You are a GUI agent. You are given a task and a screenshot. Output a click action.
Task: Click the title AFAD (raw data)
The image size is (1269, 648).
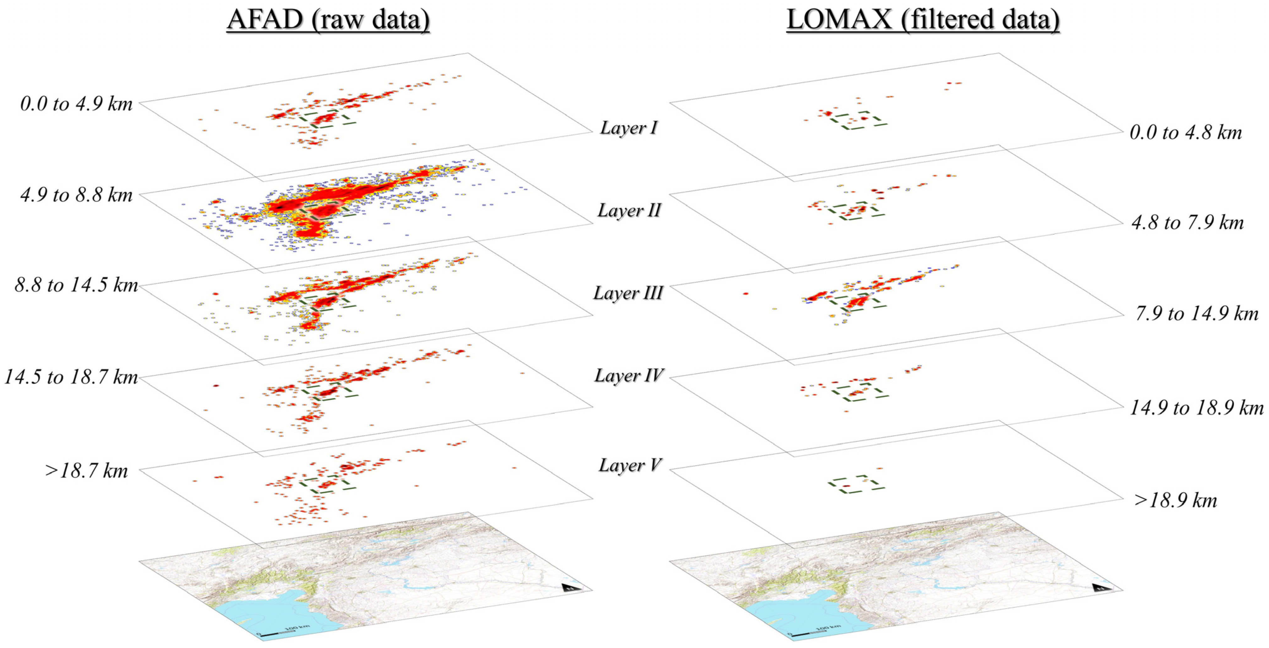click(328, 21)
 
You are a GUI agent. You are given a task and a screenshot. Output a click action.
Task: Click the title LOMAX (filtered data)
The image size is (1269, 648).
click(923, 21)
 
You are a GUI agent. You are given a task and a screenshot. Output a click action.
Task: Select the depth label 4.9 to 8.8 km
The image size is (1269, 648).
click(76, 195)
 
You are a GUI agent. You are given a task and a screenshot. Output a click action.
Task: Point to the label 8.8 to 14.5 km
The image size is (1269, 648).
click(76, 285)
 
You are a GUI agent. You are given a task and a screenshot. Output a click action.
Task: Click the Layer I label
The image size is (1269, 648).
click(629, 128)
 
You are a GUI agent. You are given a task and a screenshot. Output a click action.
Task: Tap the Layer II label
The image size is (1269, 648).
click(629, 211)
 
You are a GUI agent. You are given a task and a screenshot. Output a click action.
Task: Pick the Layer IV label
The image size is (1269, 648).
click(629, 376)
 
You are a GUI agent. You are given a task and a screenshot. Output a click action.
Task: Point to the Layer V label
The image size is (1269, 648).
click(629, 465)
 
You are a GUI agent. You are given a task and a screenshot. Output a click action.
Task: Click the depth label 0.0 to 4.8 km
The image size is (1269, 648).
click(1185, 132)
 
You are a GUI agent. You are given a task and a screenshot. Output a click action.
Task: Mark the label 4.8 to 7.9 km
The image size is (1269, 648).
click(1187, 223)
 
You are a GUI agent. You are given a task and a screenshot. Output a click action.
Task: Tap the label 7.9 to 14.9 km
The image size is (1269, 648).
click(1196, 314)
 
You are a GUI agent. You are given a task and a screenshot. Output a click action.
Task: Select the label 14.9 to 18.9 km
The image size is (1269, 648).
click(1196, 408)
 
